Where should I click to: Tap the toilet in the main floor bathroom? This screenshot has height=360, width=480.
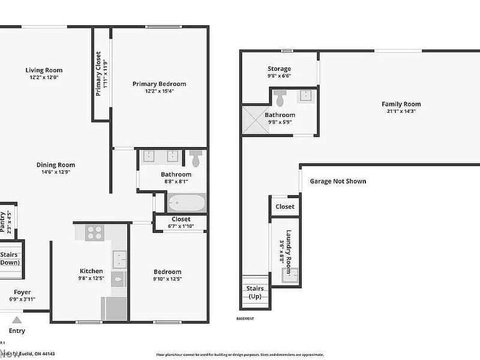tap(196, 158)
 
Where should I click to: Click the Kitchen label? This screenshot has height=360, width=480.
tap(92, 271)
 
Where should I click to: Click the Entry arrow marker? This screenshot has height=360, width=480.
tap(17, 320)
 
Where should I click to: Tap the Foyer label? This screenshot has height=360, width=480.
tap(23, 292)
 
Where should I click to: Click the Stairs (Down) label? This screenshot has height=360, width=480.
tap(9, 259)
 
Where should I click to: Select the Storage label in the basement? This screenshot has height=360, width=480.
tap(279, 69)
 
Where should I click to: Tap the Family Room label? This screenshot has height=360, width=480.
tap(401, 104)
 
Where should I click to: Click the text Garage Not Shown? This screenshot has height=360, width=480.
tap(338, 181)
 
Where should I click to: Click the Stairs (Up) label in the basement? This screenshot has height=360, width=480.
tap(256, 292)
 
